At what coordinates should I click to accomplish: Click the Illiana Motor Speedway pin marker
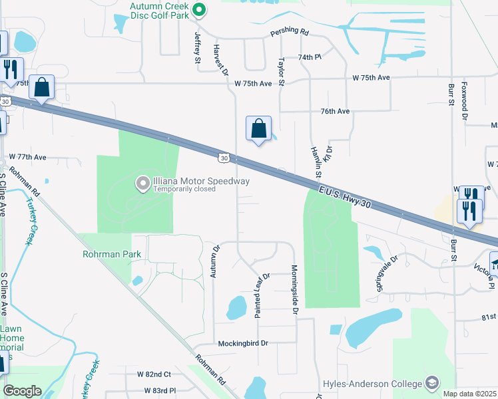click(x=142, y=183)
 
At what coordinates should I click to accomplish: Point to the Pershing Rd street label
click(x=290, y=32)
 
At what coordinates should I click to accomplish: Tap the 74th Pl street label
click(x=310, y=58)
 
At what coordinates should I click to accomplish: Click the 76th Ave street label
click(x=335, y=111)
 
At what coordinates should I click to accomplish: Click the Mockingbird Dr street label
click(x=242, y=343)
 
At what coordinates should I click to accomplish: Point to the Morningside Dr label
click(x=294, y=286)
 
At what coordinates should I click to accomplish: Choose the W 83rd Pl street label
click(x=156, y=390)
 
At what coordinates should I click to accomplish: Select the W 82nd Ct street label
click(x=154, y=375)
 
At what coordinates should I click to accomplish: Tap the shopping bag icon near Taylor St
click(x=258, y=128)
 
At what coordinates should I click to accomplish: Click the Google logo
click(x=21, y=391)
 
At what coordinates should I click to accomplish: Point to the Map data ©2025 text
click(x=469, y=394)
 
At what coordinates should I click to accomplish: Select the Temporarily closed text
click(x=185, y=189)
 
